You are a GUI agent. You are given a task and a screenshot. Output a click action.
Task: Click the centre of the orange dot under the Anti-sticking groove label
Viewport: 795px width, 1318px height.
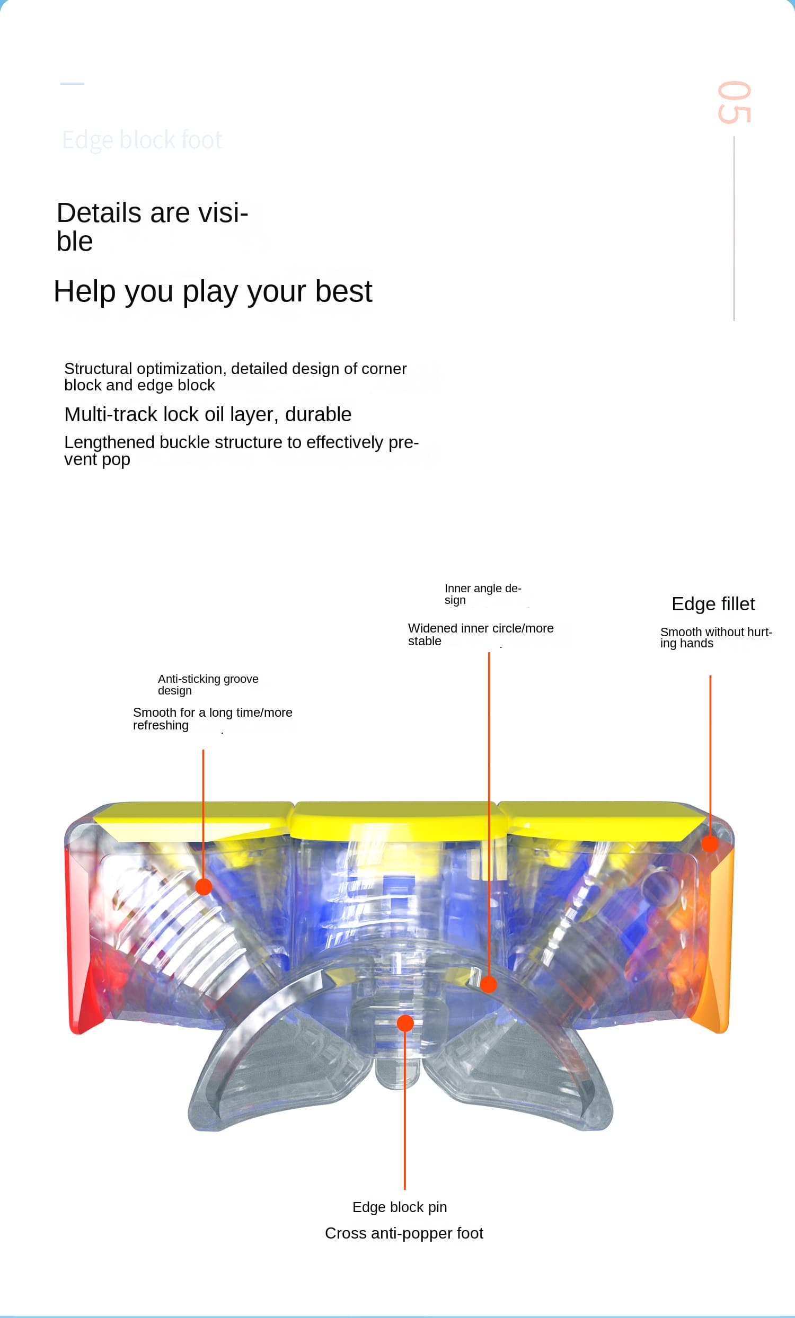[204, 886]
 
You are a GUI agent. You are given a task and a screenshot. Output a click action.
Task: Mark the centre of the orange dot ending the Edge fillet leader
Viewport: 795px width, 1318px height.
[710, 843]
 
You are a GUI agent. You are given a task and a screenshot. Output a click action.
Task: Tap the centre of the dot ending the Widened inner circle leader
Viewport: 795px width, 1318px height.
[489, 984]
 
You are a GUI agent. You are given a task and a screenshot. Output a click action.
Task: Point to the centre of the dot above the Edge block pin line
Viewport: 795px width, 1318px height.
[405, 1023]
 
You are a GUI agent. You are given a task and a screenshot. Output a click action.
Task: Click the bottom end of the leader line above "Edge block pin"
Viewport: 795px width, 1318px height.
[405, 1190]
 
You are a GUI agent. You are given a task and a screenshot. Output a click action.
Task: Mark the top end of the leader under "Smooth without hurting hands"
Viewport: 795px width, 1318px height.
[711, 675]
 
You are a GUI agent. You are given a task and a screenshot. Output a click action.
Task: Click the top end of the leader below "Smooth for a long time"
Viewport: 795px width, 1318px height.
[204, 750]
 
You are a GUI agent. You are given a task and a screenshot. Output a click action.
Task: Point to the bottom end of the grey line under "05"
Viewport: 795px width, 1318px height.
[734, 320]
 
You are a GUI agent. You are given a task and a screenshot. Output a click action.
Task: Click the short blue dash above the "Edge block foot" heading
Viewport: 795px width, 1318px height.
[72, 84]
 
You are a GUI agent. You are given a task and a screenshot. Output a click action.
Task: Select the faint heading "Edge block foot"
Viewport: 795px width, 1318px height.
[142, 140]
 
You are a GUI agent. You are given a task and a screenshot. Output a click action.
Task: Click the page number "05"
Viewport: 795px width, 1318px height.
[734, 102]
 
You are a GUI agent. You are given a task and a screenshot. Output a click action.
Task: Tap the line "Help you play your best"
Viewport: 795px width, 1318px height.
[213, 291]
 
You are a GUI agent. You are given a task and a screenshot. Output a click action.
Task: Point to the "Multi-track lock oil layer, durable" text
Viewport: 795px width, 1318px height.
[208, 415]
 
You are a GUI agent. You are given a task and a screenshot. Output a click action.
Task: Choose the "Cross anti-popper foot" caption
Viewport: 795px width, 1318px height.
[404, 1233]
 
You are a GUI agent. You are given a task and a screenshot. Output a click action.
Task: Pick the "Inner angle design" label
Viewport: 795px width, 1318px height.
[482, 594]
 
